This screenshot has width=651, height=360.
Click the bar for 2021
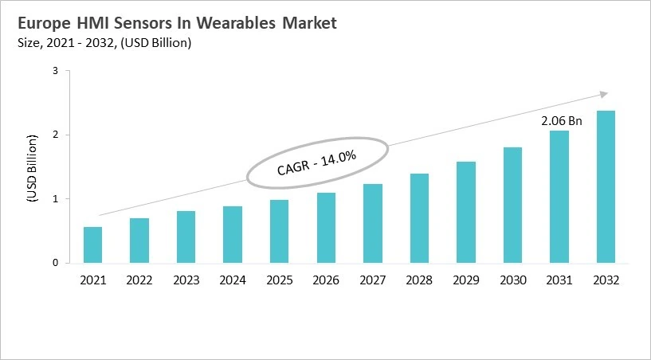pyautogui.click(x=93, y=245)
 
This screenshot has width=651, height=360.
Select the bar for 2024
pyautogui.click(x=233, y=234)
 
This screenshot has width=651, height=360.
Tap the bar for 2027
pyautogui.click(x=373, y=223)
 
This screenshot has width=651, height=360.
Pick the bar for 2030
pyautogui.click(x=512, y=205)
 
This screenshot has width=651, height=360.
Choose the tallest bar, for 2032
pyautogui.click(x=606, y=186)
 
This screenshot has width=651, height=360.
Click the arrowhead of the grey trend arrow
pyautogui.click(x=604, y=93)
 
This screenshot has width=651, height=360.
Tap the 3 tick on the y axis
pyautogui.click(x=56, y=71)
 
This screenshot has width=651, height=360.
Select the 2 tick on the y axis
pyautogui.click(x=56, y=135)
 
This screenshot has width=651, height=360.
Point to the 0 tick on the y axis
pyautogui.click(x=56, y=263)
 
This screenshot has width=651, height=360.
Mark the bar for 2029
pyautogui.click(x=466, y=212)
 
